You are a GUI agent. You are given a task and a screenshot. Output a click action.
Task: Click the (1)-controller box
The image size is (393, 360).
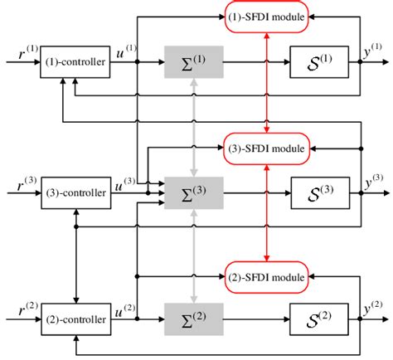click(x=75, y=61)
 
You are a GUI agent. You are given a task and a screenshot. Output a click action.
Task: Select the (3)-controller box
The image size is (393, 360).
click(x=75, y=192)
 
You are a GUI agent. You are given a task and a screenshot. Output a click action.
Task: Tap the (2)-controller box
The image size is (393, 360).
click(x=75, y=319)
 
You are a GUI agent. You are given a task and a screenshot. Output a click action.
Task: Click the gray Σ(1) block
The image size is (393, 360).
click(x=193, y=62)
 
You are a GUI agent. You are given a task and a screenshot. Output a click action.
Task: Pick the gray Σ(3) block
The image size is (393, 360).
click(x=193, y=192)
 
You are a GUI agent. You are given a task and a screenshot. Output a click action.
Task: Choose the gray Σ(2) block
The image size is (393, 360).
click(x=193, y=319)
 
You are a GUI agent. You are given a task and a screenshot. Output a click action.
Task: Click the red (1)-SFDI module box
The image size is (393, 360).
click(x=267, y=18)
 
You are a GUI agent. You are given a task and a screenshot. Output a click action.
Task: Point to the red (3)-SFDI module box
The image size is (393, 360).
click(x=267, y=148)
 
